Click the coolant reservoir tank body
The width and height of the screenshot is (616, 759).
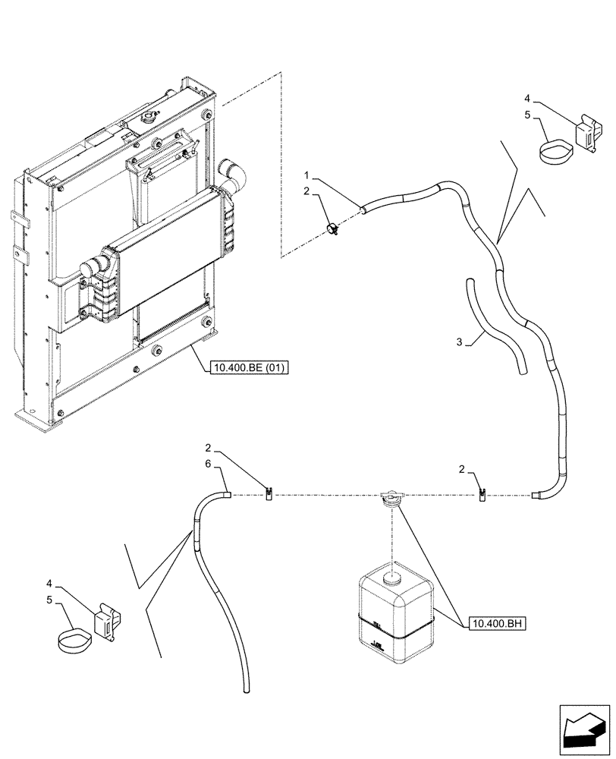pyautogui.click(x=394, y=615)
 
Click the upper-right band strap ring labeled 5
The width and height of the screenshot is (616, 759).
pyautogui.click(x=557, y=150)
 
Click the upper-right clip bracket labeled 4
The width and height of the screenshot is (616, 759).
pyautogui.click(x=588, y=133)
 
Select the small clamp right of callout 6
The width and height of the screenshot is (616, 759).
pyautogui.click(x=269, y=496)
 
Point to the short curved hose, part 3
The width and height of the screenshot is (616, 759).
pyautogui.click(x=495, y=326)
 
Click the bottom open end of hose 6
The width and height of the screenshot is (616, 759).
pyautogui.click(x=244, y=689)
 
